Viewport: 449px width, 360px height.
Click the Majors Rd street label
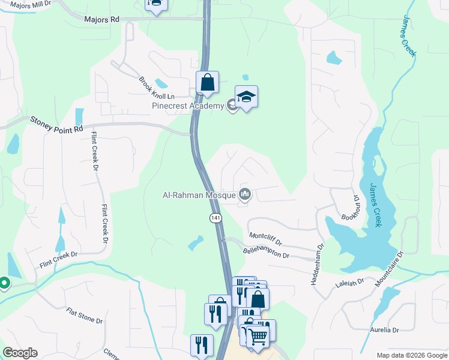101,19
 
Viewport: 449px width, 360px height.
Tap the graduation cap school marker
246,97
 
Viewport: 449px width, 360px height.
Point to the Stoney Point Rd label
56,125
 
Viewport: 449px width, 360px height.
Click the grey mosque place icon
245,194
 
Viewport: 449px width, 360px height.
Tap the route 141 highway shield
215,218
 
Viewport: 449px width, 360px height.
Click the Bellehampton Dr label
266,250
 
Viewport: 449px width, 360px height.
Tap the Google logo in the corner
20,353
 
